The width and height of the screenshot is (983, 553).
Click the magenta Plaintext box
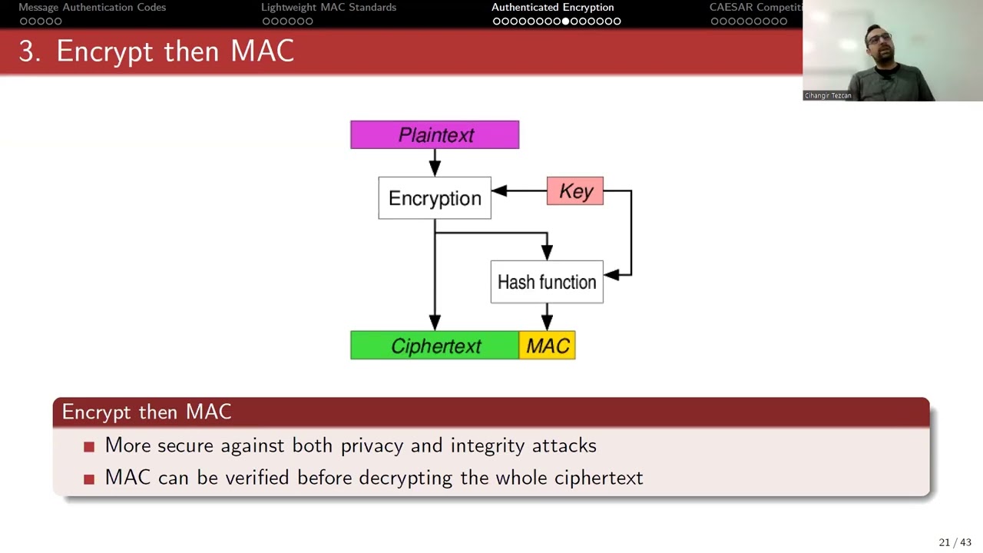[x=435, y=135]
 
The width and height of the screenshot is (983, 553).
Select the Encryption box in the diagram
[x=435, y=198]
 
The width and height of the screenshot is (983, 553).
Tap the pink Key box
[x=575, y=191]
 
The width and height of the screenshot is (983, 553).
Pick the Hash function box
[x=547, y=282]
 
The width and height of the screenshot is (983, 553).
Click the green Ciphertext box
[x=435, y=346]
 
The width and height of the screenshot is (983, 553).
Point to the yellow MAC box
[x=548, y=346]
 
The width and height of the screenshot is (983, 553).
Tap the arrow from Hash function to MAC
[x=547, y=316]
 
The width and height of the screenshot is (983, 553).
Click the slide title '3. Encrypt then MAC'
[x=157, y=51]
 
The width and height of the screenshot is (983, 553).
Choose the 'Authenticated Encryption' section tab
[x=552, y=8]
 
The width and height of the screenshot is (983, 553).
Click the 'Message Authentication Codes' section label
[x=92, y=8]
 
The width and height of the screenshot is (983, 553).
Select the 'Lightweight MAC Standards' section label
[x=329, y=8]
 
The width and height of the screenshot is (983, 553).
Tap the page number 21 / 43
[x=955, y=542]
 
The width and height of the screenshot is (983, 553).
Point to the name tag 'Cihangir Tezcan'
[x=828, y=95]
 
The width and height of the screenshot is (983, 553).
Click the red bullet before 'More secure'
[x=89, y=446]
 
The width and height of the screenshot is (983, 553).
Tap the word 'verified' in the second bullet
[x=257, y=478]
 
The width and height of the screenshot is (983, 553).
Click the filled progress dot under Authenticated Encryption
[x=566, y=22]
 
